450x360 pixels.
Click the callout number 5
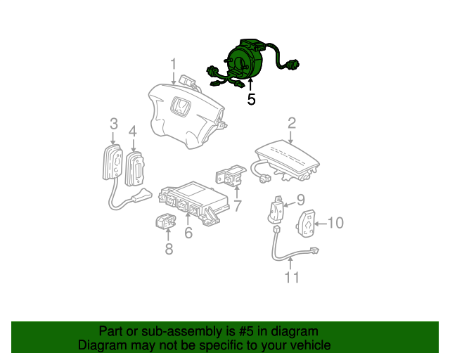click(251, 100)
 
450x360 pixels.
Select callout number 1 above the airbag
click(173, 65)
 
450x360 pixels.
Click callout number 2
click(291, 123)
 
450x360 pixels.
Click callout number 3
click(113, 124)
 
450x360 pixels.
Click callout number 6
click(188, 233)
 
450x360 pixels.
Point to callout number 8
click(169, 249)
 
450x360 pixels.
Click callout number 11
click(291, 278)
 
